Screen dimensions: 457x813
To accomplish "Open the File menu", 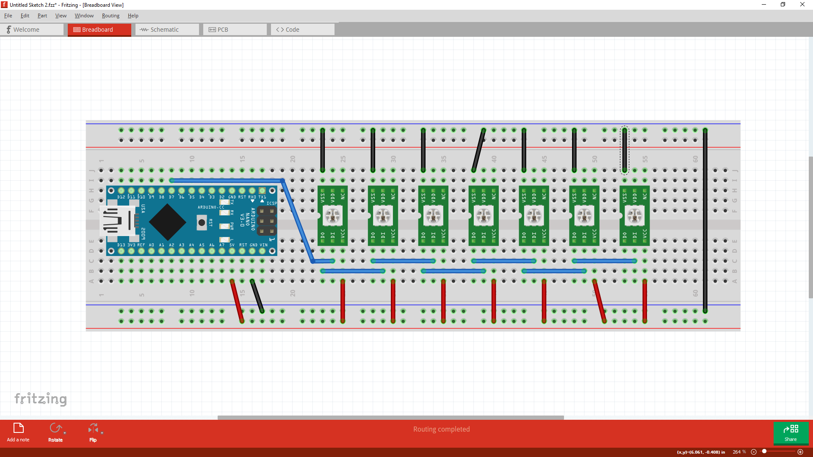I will point(8,16).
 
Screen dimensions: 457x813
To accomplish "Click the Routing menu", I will point(111,16).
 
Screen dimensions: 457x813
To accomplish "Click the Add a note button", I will point(18,432).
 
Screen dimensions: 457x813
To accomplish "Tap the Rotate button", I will point(55,432).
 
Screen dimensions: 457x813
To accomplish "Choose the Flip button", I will point(93,432).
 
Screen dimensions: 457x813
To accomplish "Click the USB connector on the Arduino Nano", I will point(117,221).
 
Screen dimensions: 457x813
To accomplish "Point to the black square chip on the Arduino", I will point(168,222).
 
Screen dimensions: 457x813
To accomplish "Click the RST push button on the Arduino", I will point(202,223).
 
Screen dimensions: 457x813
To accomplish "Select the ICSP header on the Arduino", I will point(266,221).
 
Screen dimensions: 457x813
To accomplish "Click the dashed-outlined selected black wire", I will point(625,150).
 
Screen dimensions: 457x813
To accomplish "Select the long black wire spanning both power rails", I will point(705,220).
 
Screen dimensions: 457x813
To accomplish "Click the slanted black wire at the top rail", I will point(478,150).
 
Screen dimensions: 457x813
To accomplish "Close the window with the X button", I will point(802,5).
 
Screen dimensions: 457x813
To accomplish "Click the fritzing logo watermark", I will point(41,399).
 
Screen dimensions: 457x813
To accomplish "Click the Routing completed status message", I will point(441,429).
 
